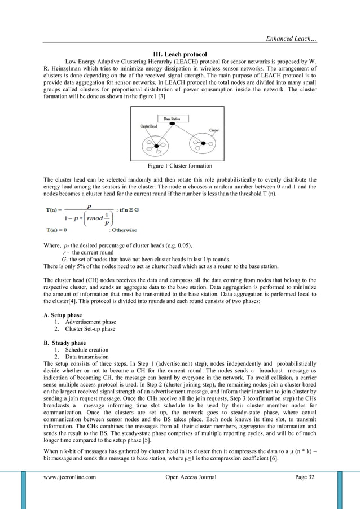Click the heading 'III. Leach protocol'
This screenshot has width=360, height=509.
(179, 54)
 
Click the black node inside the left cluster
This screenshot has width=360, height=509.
(156, 146)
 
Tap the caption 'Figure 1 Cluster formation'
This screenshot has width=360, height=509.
(179, 166)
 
